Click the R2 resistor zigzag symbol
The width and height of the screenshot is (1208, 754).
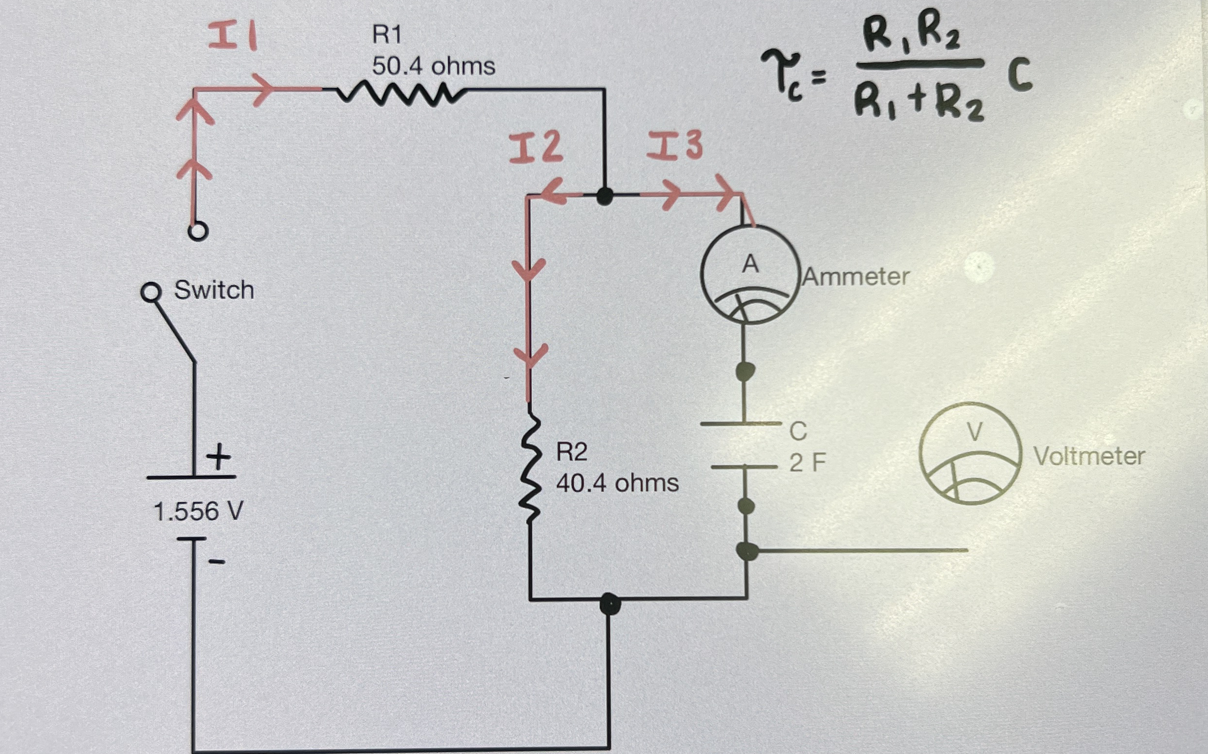(530, 469)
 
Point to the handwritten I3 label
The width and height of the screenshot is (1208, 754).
(675, 145)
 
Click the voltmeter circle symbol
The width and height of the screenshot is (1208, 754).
(970, 453)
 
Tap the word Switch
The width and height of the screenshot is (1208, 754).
(214, 290)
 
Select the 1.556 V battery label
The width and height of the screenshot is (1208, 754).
(198, 511)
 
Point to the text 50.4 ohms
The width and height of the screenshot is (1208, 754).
(433, 66)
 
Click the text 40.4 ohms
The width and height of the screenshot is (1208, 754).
(617, 483)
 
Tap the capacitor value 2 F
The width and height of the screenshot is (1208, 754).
(807, 463)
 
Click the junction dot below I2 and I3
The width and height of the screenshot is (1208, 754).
(605, 196)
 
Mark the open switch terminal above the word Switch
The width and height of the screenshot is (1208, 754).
(197, 231)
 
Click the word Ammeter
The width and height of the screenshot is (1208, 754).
(856, 277)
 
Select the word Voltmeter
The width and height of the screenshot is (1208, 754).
(1089, 456)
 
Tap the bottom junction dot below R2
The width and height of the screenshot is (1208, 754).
(610, 604)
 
